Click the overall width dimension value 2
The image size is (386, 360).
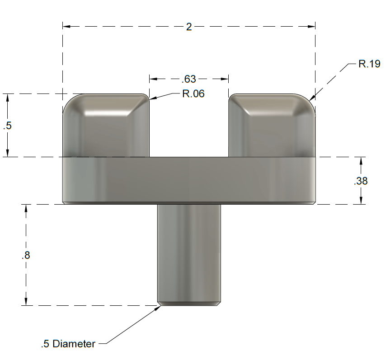pos(189,27)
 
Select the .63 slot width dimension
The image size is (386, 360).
pos(188,79)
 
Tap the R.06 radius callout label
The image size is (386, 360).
pos(193,94)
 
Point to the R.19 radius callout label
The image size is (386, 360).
pos(369,64)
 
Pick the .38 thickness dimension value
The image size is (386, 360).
pos(361,181)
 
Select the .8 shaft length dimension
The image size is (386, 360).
pos(26,255)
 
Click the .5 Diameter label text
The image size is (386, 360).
pos(68,344)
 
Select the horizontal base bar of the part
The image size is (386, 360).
pos(189,181)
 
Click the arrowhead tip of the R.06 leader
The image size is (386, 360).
pos(150,98)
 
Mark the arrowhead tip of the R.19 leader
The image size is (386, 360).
pos(310,100)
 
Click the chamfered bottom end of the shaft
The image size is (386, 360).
pos(189,304)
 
